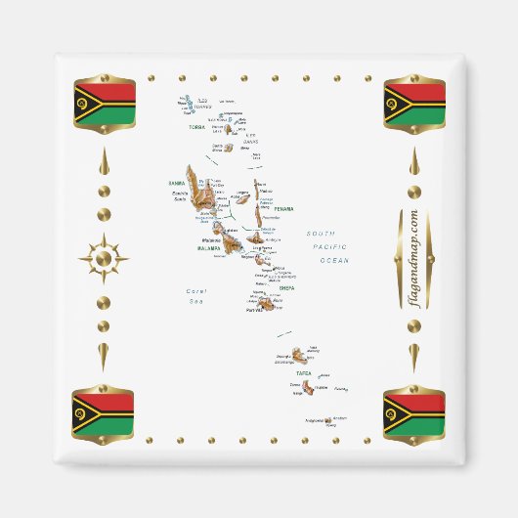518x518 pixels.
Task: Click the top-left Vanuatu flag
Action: (x=104, y=104)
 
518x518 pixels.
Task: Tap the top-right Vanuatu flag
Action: (x=414, y=104)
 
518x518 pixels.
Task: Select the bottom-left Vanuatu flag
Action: (x=104, y=414)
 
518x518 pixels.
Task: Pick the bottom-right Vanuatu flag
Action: (x=414, y=414)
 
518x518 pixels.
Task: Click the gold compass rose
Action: (x=104, y=259)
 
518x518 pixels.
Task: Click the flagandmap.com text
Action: (x=413, y=259)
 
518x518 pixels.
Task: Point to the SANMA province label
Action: (x=176, y=183)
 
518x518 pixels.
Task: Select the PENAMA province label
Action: (x=283, y=209)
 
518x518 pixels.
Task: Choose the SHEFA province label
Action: (x=285, y=288)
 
